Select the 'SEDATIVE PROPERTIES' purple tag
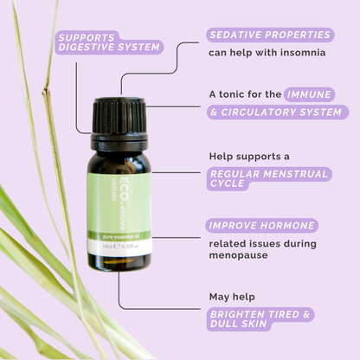270,35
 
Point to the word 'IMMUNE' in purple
311,93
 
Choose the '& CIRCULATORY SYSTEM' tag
278,112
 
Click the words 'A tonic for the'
246,93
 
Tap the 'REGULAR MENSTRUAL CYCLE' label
268,180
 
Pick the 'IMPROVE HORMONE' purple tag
261,225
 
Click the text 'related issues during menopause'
262,249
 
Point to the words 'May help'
231,296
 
